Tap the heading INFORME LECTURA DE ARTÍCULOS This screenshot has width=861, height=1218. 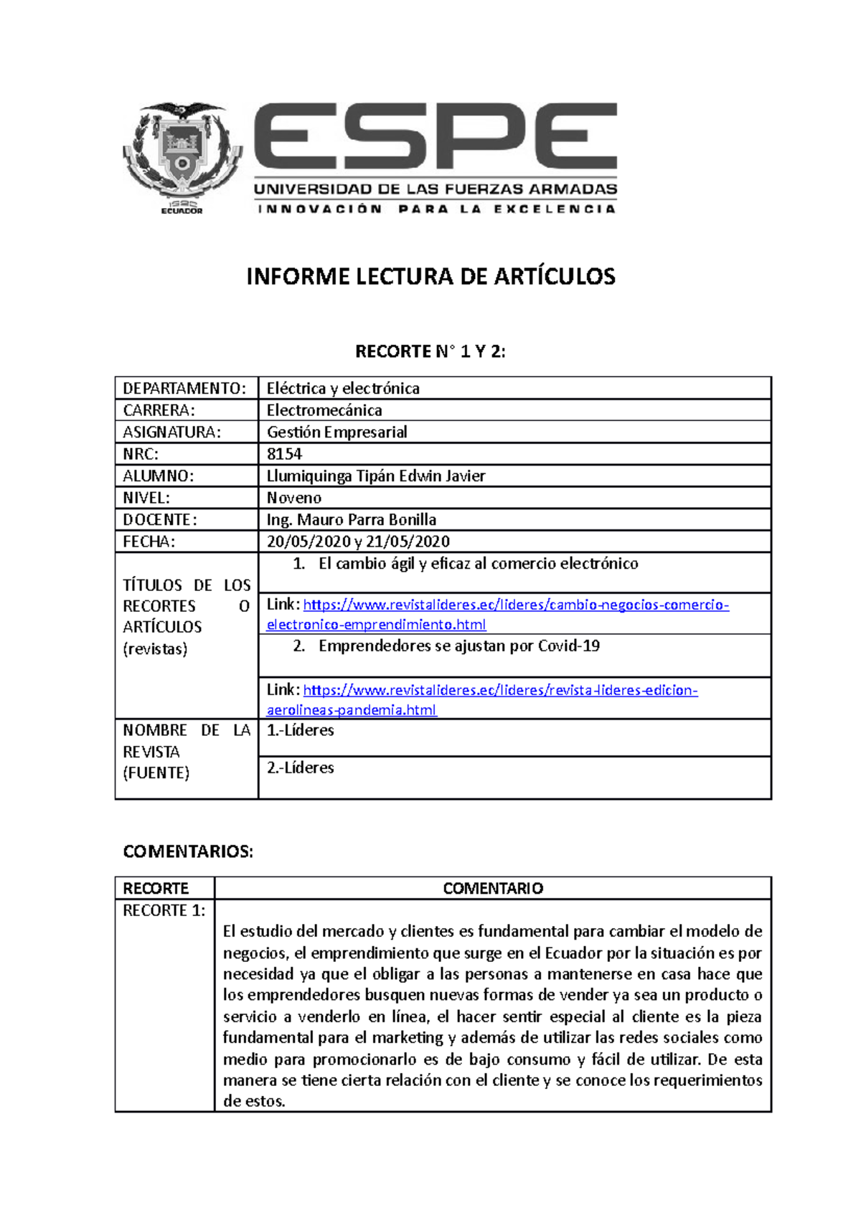click(430, 277)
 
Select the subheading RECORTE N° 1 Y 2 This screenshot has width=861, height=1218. click(430, 351)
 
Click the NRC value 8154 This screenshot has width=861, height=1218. click(284, 454)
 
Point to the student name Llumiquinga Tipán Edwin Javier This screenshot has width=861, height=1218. click(376, 476)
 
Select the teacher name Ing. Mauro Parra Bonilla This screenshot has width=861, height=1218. click(352, 520)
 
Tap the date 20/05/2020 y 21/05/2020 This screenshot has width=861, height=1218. click(358, 542)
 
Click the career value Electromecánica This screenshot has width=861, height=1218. click(324, 410)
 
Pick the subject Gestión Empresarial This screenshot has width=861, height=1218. click(337, 433)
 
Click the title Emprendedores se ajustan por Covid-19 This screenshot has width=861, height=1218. click(459, 646)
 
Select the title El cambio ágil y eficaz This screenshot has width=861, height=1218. click(478, 564)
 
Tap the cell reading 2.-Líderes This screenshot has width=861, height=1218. click(300, 768)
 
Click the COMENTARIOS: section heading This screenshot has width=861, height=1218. click(188, 851)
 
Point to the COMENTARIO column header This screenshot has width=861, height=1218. click(493, 889)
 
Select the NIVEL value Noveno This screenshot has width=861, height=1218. click(294, 498)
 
